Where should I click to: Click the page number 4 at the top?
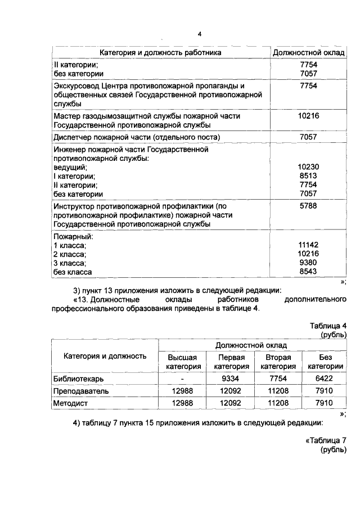coord(199,35)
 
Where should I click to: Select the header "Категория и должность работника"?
coord(160,52)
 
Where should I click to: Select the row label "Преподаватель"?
coord(80,390)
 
